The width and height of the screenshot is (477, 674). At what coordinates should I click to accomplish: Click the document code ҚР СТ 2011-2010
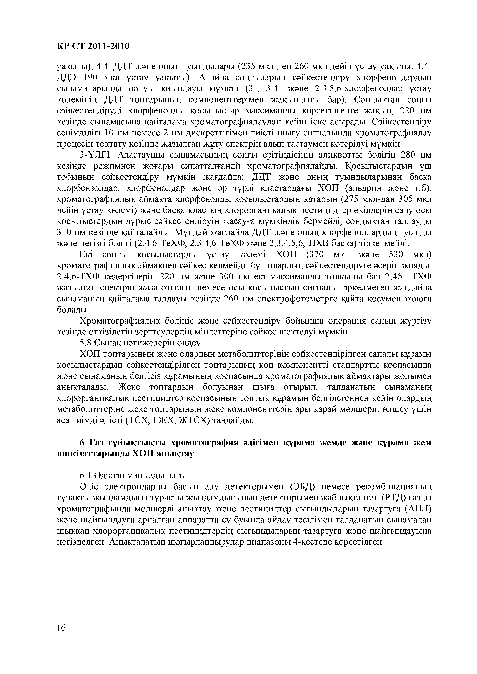pyautogui.click(x=93, y=46)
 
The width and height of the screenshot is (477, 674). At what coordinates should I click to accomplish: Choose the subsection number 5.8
pyautogui.click(x=85, y=343)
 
